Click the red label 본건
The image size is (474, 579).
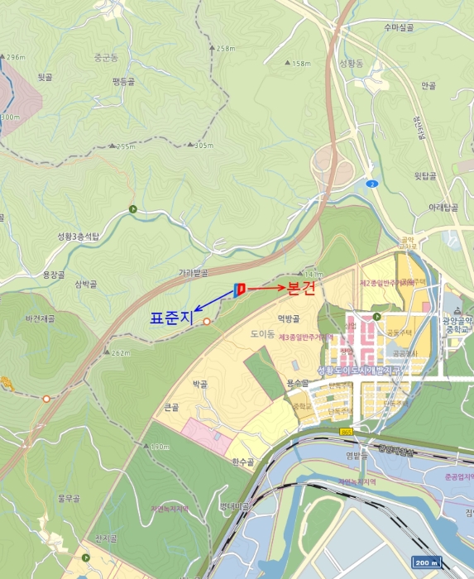click(303, 289)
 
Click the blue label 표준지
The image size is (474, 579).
click(170, 316)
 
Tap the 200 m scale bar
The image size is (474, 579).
click(427, 563)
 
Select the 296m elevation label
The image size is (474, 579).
click(13, 57)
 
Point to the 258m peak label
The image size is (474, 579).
click(223, 49)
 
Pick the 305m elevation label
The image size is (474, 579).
click(200, 145)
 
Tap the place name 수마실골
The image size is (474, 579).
click(398, 27)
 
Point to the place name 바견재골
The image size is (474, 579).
click(40, 318)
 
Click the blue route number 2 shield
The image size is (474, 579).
click(373, 184)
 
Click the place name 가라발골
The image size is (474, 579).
click(192, 272)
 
